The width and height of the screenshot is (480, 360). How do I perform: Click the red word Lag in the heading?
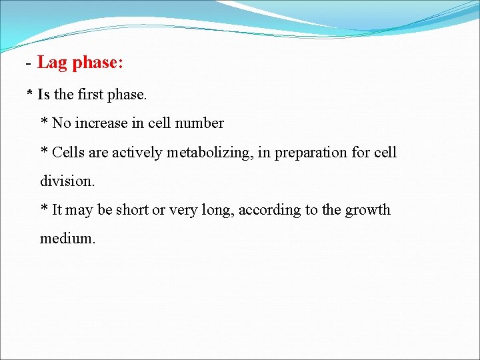click(53, 63)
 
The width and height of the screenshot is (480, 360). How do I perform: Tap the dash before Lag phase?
click(29, 64)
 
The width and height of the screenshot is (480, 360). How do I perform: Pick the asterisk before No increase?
click(44, 123)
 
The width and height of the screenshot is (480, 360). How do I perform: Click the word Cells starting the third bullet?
click(69, 152)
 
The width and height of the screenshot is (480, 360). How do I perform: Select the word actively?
click(137, 153)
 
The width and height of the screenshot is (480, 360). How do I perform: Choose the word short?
click(132, 210)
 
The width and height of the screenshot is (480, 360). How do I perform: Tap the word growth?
click(367, 210)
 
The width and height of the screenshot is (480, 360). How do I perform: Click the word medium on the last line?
click(67, 239)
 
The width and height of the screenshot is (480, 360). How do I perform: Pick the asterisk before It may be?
click(44, 209)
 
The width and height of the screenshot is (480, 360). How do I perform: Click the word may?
click(79, 211)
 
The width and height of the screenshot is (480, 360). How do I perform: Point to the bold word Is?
click(43, 95)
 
